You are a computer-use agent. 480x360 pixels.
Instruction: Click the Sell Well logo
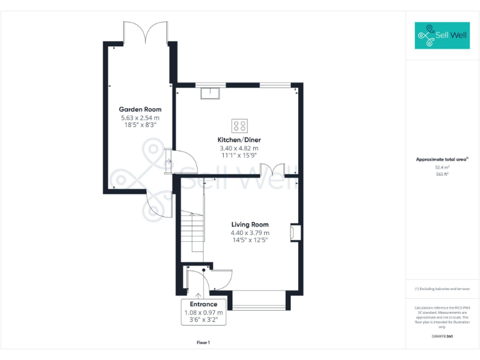pyautogui.click(x=442, y=36)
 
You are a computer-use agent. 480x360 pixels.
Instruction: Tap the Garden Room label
pyautogui.click(x=140, y=109)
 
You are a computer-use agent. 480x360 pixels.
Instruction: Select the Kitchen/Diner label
pyautogui.click(x=239, y=139)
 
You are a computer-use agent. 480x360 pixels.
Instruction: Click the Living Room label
pyautogui.click(x=249, y=224)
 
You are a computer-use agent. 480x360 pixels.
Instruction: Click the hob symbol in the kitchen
pyautogui.click(x=239, y=124)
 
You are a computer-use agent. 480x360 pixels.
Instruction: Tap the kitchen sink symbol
pyautogui.click(x=211, y=93)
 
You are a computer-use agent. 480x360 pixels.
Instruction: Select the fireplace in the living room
pyautogui.click(x=295, y=232)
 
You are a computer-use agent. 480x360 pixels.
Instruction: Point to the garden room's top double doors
pyautogui.click(x=146, y=32)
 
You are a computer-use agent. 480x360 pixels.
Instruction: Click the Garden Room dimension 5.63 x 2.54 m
pyautogui.click(x=140, y=117)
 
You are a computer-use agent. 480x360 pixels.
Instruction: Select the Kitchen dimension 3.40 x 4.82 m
pyautogui.click(x=239, y=148)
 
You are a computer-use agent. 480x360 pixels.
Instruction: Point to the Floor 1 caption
pyautogui.click(x=203, y=342)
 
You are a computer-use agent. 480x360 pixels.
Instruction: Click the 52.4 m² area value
pyautogui.click(x=442, y=167)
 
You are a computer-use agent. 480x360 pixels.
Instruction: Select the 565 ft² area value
pyautogui.click(x=442, y=174)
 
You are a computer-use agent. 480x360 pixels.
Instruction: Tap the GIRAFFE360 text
pyautogui.click(x=442, y=337)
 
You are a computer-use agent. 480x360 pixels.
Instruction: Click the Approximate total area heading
pyautogui.click(x=442, y=159)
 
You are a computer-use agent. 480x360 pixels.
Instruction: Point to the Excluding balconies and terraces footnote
pyautogui.click(x=442, y=289)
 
